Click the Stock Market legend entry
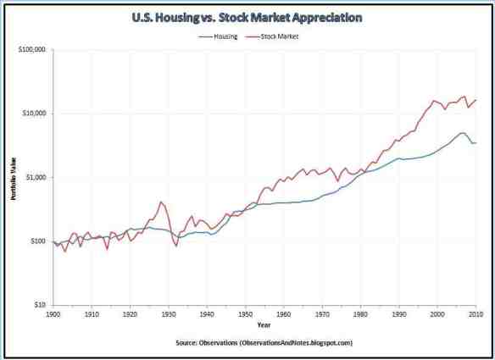[x=278, y=36]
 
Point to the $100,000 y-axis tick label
[x=33, y=50]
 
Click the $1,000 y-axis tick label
[x=36, y=177]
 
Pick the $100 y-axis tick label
[x=39, y=241]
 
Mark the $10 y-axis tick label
[x=41, y=305]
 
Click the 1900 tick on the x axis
[x=53, y=313]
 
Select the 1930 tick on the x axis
[x=168, y=313]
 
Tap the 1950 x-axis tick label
[x=245, y=313]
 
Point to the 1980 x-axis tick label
[x=360, y=313]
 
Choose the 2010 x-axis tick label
[x=476, y=313]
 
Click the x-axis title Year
[x=264, y=324]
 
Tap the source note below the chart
[x=264, y=343]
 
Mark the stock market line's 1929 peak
[x=161, y=202]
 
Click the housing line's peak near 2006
[x=461, y=133]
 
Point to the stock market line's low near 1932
[x=175, y=246]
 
